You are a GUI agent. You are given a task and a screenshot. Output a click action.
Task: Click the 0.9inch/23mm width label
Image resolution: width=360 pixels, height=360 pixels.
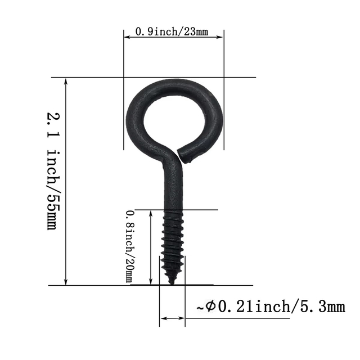pos(172,32)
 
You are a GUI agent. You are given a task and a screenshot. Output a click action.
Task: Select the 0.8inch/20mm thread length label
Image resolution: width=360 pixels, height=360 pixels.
pos(130,246)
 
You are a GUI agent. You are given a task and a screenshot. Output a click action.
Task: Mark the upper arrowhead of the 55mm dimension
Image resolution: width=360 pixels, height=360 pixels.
pos(66,82)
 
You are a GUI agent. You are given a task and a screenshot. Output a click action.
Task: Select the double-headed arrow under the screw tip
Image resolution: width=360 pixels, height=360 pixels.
pos(172,318)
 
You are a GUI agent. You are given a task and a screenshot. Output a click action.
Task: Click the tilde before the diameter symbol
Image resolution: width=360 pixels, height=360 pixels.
pos(200,308)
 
